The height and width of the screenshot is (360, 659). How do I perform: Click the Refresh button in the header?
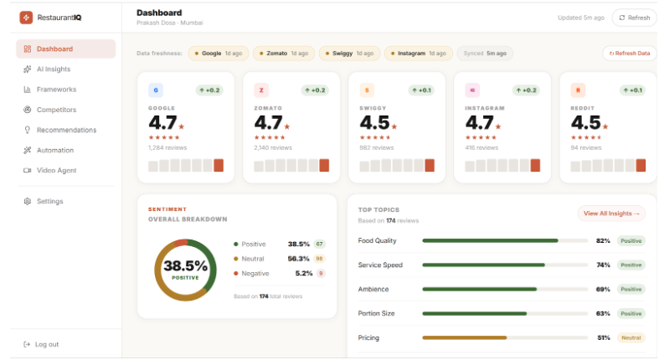(634, 18)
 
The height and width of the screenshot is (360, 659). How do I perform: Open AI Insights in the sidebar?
(54, 69)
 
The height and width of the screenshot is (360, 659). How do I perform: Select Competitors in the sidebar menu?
(56, 110)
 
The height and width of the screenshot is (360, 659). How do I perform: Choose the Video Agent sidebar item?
(55, 170)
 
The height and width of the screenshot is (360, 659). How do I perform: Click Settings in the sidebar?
(49, 201)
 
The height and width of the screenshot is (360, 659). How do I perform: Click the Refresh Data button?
(629, 53)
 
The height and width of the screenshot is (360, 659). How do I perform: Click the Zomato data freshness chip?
(283, 53)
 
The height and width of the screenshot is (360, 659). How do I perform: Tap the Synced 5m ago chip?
(485, 53)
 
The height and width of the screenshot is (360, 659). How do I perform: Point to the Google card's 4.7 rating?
(162, 123)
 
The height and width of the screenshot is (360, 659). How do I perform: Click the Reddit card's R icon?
(577, 90)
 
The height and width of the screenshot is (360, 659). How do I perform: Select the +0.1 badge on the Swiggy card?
(421, 90)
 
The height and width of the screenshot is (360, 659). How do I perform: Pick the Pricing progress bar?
(504, 337)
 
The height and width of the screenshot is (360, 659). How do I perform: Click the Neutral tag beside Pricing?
(631, 337)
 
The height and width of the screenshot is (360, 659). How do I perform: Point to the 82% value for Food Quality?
(602, 240)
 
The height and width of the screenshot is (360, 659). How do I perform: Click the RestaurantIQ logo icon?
(26, 17)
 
